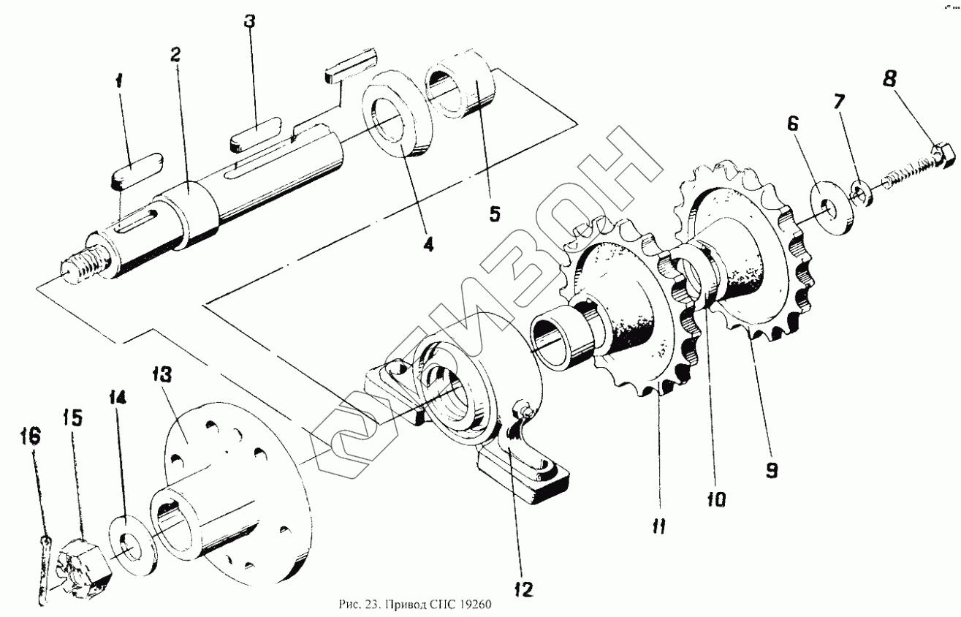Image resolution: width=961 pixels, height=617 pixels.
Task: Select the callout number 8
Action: pos(889,78)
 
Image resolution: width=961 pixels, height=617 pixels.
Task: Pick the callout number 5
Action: pos(494,213)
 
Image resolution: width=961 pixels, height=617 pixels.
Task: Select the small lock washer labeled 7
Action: pos(861,194)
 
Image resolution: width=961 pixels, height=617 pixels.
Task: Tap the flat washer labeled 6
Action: pos(831,211)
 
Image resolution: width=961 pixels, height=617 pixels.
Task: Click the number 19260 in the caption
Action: pos(478,605)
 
